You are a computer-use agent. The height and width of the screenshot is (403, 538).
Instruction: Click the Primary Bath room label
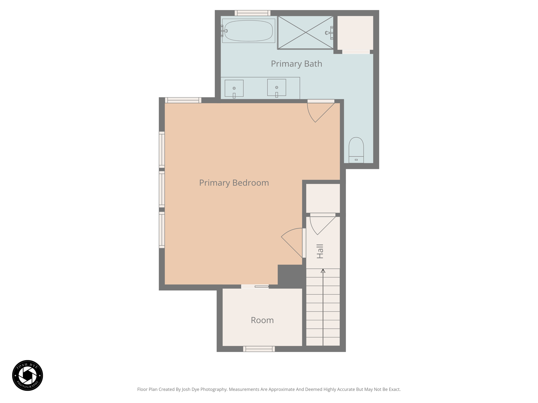(296, 64)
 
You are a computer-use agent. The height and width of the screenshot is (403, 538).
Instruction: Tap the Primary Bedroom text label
(234, 183)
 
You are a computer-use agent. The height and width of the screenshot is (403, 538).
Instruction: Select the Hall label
(320, 251)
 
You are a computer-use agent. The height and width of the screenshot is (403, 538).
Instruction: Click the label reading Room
(262, 320)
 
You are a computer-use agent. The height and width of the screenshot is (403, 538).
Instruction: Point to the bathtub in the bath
(248, 31)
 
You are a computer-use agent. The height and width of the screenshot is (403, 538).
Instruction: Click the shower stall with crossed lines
(306, 33)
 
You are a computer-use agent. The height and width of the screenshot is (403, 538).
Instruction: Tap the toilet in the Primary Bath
(356, 150)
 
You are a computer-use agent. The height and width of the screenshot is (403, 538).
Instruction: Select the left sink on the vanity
(234, 88)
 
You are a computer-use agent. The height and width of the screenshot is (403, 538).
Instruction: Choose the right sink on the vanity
(276, 88)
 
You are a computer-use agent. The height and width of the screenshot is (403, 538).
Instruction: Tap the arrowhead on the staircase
(323, 271)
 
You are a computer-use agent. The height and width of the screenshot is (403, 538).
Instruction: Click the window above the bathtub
(252, 13)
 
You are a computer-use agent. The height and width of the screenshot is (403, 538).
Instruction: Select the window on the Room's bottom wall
(259, 349)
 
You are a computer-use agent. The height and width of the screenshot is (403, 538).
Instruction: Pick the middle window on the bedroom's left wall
(162, 189)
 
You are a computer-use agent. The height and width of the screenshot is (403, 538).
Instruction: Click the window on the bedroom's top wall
(183, 100)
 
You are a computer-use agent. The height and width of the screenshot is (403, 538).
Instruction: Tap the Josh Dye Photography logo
(28, 375)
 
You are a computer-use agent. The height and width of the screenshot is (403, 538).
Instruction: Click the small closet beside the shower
(355, 33)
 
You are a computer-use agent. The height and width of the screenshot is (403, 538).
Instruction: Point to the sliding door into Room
(255, 287)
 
